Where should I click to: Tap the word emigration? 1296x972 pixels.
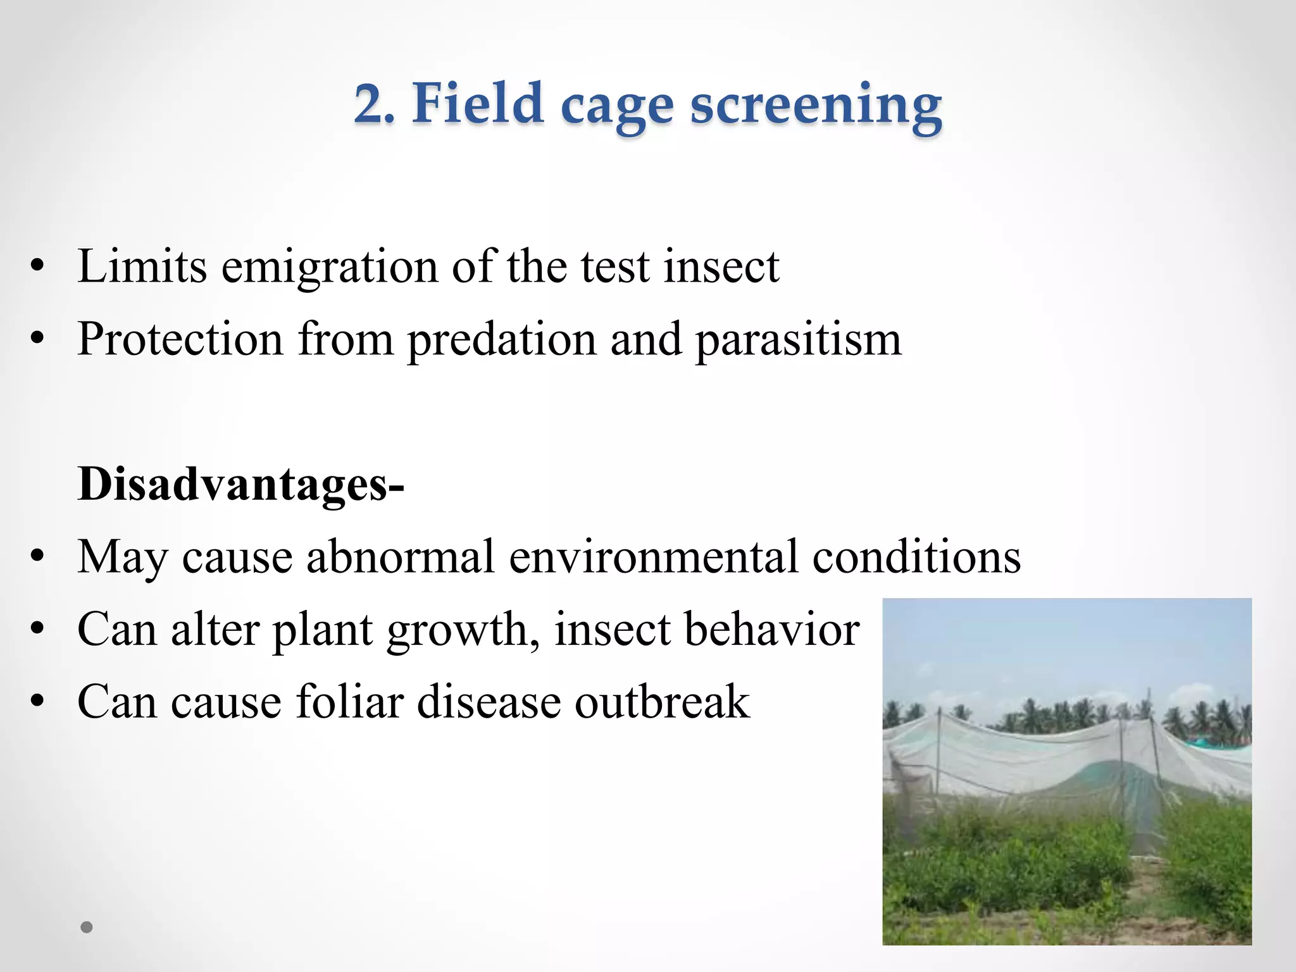(329, 266)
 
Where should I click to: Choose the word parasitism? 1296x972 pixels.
(798, 340)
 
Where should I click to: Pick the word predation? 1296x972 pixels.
(502, 340)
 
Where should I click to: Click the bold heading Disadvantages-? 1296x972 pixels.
(240, 484)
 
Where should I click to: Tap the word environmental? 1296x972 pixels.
(652, 557)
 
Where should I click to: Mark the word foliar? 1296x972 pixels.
(350, 702)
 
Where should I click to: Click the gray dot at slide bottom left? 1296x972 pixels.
(87, 928)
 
